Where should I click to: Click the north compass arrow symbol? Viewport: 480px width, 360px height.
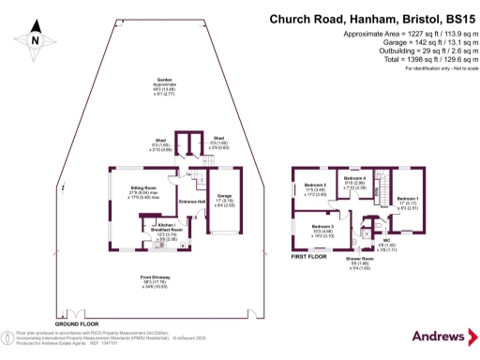tap(35, 38)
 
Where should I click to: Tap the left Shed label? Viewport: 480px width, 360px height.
tap(161, 146)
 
